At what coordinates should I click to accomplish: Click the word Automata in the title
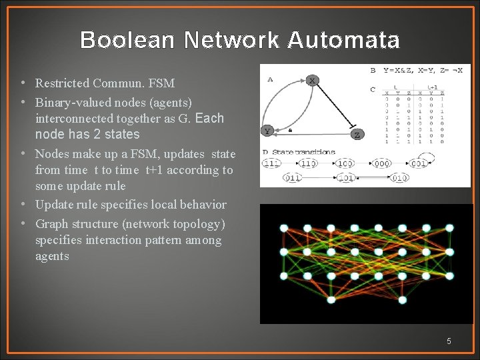tap(344, 41)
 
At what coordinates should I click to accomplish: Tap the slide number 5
tap(449, 341)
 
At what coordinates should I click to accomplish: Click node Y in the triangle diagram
tap(267, 131)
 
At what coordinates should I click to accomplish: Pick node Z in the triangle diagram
tap(357, 134)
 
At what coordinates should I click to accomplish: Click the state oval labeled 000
tap(382, 163)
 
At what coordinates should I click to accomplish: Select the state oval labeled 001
tap(419, 163)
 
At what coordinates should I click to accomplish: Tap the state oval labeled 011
tap(291, 178)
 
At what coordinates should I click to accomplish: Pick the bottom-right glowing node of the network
tap(449, 275)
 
